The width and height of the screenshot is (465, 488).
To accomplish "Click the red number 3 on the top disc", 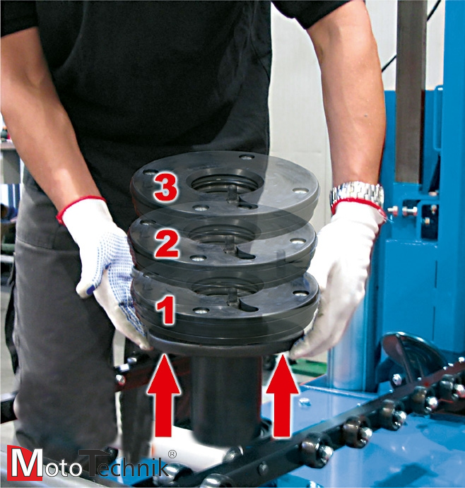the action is pos(166,186).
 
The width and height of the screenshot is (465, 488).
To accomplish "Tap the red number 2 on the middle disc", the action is pos(167,244).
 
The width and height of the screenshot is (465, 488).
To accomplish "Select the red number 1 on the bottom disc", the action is pos(165,310).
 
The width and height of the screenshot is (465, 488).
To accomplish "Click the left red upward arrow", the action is pos(163,395).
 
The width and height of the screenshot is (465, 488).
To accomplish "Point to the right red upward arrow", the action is pos(282,395).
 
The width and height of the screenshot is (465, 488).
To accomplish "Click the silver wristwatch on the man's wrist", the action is pos(358,193).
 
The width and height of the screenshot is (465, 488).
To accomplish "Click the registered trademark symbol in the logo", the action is pos(172,454).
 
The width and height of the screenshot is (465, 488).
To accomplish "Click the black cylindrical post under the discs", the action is pos(226,398).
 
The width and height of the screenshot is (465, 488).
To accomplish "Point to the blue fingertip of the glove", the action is pos(90,290).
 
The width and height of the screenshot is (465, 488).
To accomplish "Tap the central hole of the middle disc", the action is pos(223,235).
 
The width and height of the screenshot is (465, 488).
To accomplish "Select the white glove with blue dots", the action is pos(106,268).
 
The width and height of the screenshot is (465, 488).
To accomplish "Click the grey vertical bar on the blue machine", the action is pos(410,93).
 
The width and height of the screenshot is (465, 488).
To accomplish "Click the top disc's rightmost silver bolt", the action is pos(301,191).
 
